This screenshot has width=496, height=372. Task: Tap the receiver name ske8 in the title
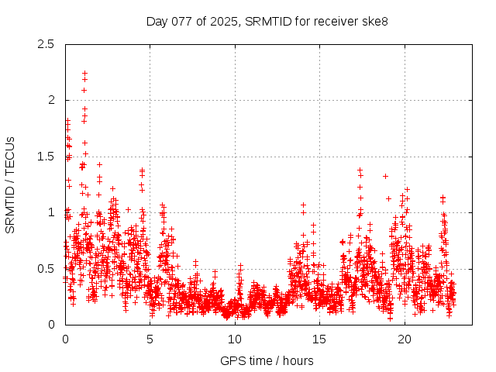[x=373, y=21]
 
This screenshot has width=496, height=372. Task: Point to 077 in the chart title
[x=181, y=21]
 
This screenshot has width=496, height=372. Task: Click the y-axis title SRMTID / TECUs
[x=10, y=184]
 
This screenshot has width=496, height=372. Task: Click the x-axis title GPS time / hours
[x=267, y=360]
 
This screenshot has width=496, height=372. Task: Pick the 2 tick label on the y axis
[x=52, y=100]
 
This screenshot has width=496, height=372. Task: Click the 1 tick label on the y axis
[x=52, y=212]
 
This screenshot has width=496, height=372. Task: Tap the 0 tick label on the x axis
[x=65, y=339]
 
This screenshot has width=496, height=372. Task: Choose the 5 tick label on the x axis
[x=150, y=339]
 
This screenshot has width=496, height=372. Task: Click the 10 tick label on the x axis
[x=235, y=339]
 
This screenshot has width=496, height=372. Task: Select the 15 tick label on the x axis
[x=320, y=339]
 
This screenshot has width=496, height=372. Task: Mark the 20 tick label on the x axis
[x=405, y=339]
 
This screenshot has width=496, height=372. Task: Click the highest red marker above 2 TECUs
[x=84, y=73]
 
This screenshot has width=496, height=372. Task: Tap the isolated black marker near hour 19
[x=385, y=176]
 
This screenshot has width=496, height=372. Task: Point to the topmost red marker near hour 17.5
[x=360, y=170]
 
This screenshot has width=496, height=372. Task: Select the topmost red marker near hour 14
[x=303, y=205]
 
